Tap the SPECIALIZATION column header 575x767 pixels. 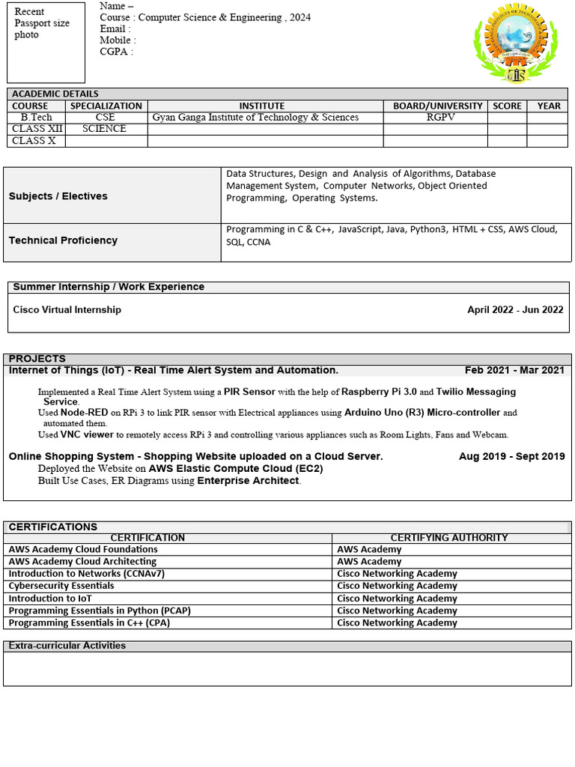click(x=106, y=106)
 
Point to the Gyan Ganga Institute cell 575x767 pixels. click(x=255, y=117)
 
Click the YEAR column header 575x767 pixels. click(x=549, y=106)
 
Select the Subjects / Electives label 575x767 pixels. click(x=58, y=196)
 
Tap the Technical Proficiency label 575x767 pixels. click(x=63, y=240)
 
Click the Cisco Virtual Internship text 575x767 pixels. click(x=67, y=309)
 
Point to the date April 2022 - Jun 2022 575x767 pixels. click(x=515, y=309)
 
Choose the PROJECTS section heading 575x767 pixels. click(x=37, y=359)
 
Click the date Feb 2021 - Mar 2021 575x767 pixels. click(x=514, y=370)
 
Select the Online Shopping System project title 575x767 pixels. click(x=195, y=456)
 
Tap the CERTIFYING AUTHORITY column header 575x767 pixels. click(x=449, y=537)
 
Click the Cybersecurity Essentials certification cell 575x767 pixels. click(x=61, y=586)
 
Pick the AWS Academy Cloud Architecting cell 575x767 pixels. click(x=82, y=561)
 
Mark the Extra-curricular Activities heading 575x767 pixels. click(x=67, y=646)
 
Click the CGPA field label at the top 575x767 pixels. click(x=116, y=52)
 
